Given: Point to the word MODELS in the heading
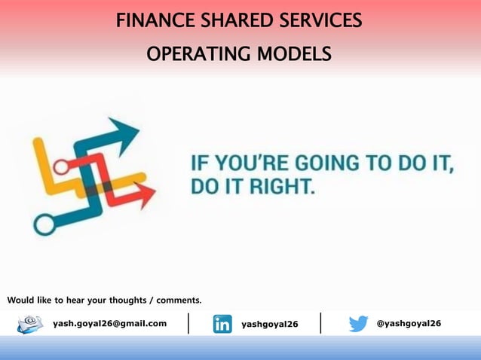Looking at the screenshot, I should tap(293, 55).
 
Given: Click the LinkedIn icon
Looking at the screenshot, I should tap(222, 324).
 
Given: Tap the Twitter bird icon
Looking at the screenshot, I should tap(359, 324).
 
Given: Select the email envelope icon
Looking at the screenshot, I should tap(30, 324).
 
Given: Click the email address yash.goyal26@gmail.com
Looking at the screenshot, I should tap(109, 323).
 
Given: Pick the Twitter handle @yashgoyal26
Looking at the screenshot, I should tap(409, 323).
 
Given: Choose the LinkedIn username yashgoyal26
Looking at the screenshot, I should tap(270, 324).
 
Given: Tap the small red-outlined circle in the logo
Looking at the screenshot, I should tap(61, 165).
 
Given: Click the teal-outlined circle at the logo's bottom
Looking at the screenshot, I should tap(44, 224).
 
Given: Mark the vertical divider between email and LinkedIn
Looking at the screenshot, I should tap(188, 322).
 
